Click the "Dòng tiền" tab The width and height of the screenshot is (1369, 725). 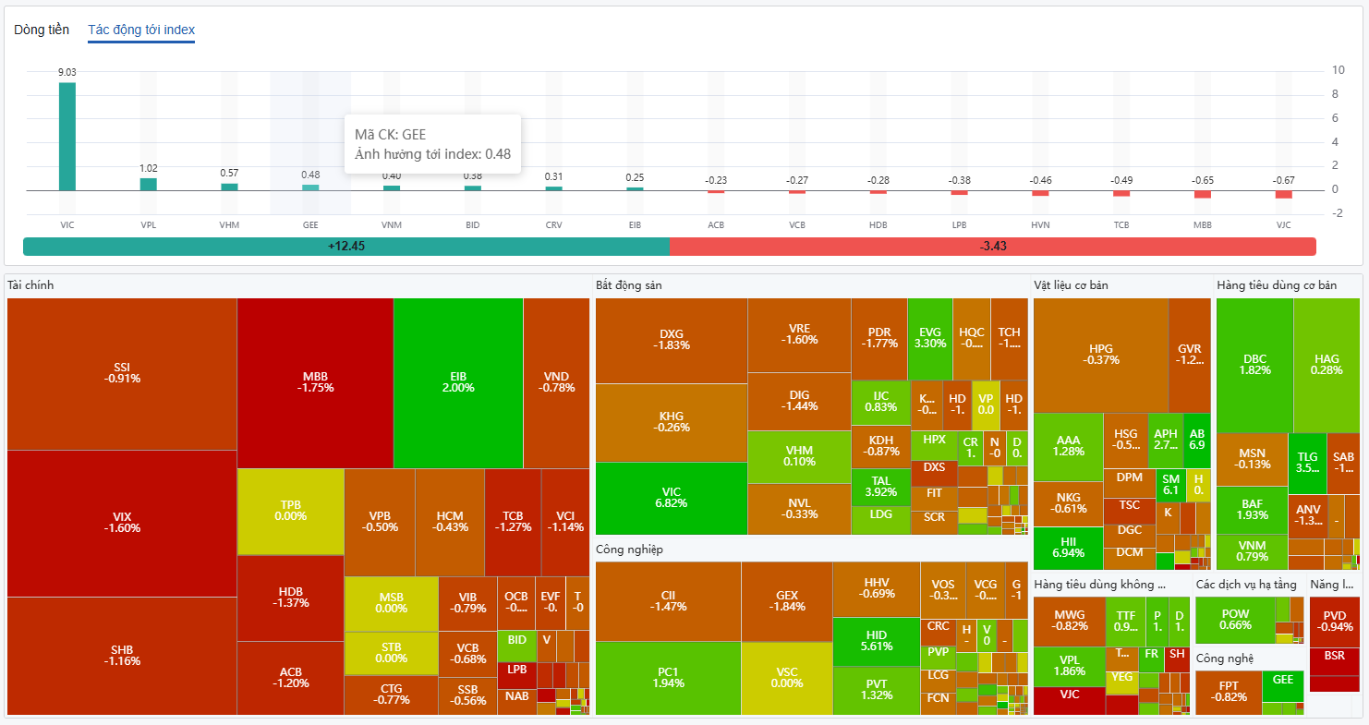42,30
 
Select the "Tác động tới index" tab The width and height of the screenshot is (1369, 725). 141,30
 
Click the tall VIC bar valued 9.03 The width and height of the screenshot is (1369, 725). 67,136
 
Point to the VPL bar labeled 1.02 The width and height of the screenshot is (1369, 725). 149,184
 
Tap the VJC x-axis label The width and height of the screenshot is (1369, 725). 1283,225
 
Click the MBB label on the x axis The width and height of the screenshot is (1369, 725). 1202,225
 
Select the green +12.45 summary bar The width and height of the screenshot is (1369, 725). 346,247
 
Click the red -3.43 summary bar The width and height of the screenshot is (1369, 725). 992,247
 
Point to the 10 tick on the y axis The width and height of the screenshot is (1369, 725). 1338,70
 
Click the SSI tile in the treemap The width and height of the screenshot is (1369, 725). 122,373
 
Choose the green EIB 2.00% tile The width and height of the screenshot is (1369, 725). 458,382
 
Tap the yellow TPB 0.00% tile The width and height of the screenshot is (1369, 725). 290,511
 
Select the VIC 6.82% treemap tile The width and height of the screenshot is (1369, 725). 671,498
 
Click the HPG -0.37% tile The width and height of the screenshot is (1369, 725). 1100,355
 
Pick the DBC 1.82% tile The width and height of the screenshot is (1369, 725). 1254,365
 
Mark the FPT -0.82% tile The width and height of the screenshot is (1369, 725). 1229,692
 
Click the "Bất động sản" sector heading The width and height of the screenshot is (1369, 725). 628,285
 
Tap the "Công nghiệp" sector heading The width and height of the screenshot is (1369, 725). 629,550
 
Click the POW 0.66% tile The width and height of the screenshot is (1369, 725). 1235,619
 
